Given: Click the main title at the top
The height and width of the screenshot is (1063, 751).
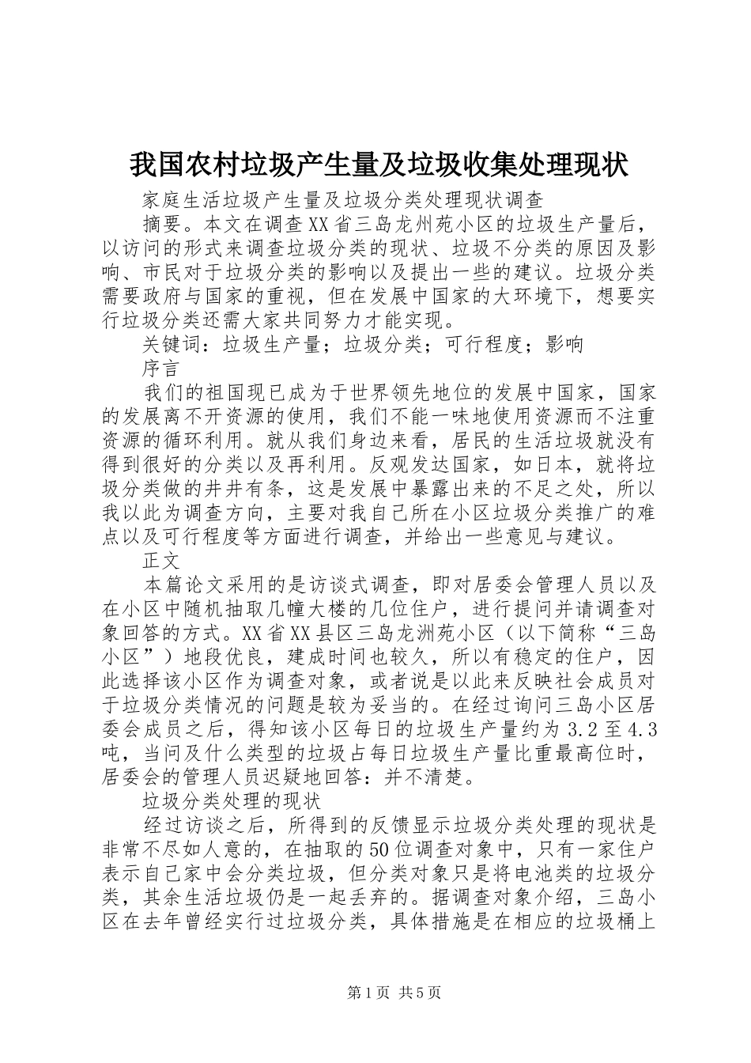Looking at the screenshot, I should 378,165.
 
